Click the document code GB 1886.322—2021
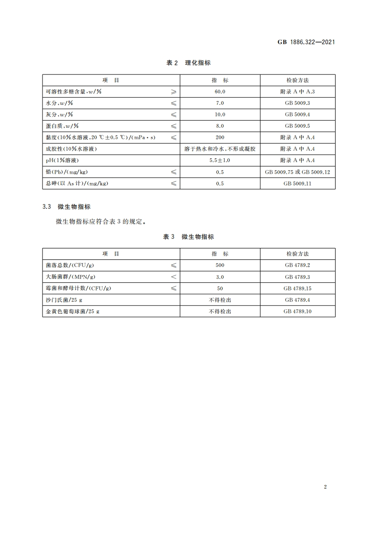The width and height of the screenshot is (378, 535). click(x=306, y=42)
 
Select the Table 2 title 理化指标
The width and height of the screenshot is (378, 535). click(x=189, y=63)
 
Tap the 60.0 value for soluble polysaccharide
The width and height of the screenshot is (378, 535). click(x=220, y=92)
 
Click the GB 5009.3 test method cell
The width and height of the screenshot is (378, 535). click(x=297, y=103)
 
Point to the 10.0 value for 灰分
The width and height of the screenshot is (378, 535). click(x=220, y=114)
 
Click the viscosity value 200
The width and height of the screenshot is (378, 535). click(x=220, y=137)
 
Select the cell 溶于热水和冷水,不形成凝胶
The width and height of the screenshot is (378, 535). click(x=220, y=149)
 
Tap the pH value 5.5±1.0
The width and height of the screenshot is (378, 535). click(x=220, y=160)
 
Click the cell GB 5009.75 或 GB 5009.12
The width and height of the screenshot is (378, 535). click(x=297, y=172)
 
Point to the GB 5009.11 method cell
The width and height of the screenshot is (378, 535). click(x=297, y=183)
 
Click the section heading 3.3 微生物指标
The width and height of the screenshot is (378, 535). click(x=66, y=207)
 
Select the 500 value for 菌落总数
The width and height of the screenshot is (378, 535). click(x=220, y=265)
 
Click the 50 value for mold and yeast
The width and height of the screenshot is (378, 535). click(x=220, y=288)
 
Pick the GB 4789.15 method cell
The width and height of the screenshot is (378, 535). click(x=297, y=288)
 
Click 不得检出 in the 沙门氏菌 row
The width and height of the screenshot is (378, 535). click(x=220, y=299)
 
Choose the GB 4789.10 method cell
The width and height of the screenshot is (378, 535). click(x=297, y=311)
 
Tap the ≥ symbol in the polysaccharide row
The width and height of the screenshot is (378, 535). click(x=174, y=92)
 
